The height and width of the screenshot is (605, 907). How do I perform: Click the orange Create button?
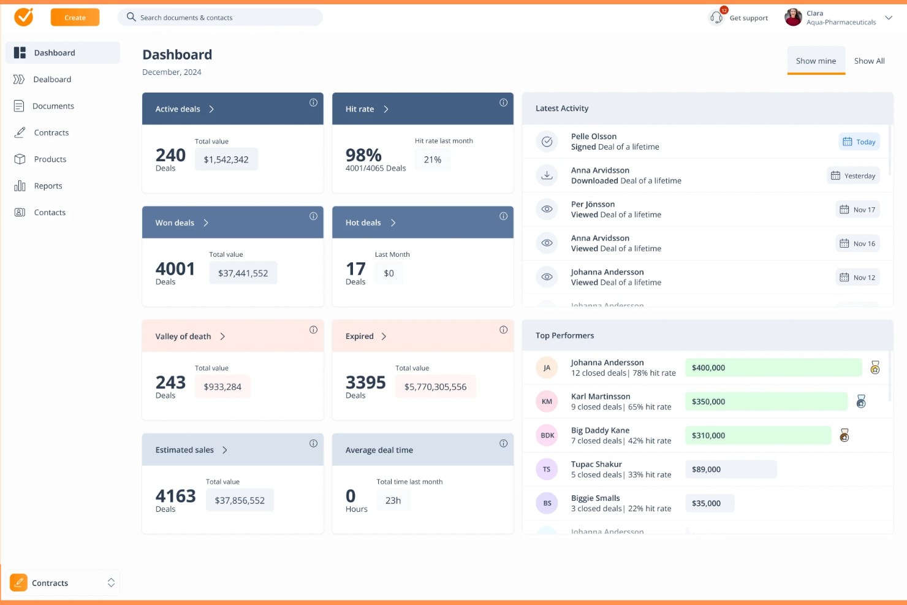point(75,18)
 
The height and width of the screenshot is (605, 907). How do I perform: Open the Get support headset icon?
point(716,18)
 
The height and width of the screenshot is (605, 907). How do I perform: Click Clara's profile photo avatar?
point(793,18)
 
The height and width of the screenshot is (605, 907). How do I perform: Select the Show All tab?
point(869,61)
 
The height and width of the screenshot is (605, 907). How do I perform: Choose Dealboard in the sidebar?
point(52,80)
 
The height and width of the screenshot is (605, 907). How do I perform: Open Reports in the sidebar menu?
point(48,186)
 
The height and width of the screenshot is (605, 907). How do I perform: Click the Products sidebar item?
point(50,159)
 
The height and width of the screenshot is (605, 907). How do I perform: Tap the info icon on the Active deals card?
point(313,103)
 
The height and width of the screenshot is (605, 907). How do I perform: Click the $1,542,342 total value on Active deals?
point(226,159)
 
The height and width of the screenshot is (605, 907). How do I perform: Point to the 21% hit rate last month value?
point(433,159)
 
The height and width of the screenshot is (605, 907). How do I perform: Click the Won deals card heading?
point(175,223)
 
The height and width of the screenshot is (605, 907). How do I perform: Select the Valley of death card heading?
point(183,337)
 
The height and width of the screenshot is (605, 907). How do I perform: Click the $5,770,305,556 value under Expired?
point(435,387)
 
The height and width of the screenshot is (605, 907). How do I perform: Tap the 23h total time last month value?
point(393,501)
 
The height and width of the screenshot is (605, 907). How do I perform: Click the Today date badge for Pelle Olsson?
point(859,142)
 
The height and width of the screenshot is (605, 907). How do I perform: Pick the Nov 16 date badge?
point(857,244)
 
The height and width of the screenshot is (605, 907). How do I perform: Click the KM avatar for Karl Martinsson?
point(547,402)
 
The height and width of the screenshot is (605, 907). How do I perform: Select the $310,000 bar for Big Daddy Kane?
point(757,436)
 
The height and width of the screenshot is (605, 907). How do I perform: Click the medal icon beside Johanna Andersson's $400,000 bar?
point(875,368)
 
